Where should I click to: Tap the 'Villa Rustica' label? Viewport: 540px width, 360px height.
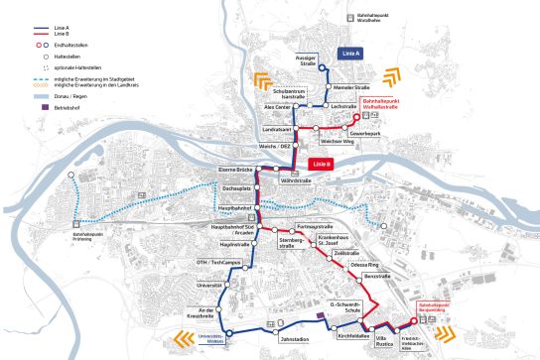[372, 341]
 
